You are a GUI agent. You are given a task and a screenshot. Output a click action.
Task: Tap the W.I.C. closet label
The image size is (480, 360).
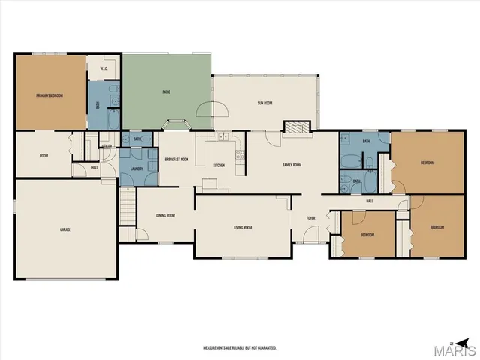pos(104,69)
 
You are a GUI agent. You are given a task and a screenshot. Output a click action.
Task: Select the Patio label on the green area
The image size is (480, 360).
pos(166,91)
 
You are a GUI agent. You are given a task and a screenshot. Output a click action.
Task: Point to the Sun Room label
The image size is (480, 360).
pos(265,103)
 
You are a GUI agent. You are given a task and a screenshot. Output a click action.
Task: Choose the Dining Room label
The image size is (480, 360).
pos(165,215)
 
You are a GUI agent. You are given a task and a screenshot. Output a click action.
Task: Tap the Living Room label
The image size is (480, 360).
pos(241,227)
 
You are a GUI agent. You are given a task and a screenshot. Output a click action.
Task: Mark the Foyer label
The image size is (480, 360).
pos(310,218)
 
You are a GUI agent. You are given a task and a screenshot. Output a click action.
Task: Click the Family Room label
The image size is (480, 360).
pos(292,164)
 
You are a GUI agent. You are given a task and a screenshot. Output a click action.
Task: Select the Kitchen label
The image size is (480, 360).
pos(219,166)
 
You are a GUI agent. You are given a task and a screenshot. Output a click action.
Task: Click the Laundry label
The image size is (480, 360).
pos(136,169)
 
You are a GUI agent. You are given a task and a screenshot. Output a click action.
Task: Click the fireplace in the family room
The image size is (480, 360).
pos(295,127)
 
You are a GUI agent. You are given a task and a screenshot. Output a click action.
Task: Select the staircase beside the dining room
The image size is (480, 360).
pos(126,203)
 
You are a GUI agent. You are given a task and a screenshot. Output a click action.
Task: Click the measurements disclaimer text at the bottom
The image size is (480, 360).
pos(240,348)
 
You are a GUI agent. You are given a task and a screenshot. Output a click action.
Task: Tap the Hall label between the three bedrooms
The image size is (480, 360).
pos(369,201)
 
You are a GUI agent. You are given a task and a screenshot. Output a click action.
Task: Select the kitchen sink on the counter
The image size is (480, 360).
pos(223,138)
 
